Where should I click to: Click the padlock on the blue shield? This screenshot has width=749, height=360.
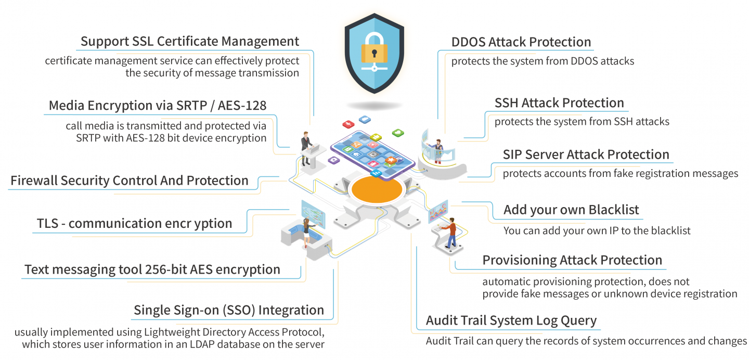coord(374,52)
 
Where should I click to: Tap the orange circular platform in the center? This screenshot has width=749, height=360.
coord(377,190)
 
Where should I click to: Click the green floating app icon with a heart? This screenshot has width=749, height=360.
coord(398,133)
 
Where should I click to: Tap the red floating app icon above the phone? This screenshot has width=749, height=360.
coord(348,124)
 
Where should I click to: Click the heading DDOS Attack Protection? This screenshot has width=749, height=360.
coord(521,42)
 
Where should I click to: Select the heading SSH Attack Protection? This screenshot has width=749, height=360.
coord(559,102)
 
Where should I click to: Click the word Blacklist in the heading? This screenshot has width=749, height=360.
coord(614,210)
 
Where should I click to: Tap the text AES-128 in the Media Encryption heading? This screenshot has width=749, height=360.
coord(241,106)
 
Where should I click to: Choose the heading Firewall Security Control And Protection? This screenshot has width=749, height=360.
coord(130,181)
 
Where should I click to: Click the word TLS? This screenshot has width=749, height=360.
coord(47,224)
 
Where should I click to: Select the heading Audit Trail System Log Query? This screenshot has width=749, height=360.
coord(511,320)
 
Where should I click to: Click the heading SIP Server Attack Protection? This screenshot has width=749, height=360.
coord(586,155)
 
